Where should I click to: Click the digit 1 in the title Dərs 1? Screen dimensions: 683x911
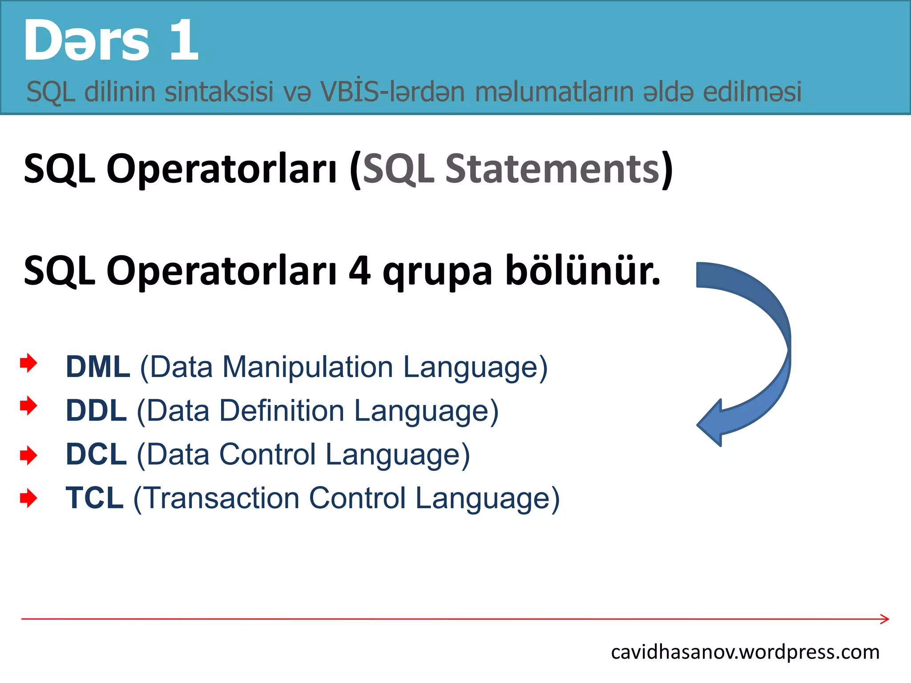coord(183,41)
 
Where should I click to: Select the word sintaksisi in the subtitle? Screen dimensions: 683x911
coord(219,92)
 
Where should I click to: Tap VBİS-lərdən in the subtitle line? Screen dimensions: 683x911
coord(392,92)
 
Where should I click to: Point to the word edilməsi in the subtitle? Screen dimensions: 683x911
coord(752,92)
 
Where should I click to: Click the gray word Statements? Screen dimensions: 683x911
coord(553,169)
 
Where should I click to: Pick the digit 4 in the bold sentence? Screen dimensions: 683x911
coord(359,271)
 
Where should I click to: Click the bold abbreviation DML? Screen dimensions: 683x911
coord(98,367)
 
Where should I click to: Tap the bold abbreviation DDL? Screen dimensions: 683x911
coord(96,410)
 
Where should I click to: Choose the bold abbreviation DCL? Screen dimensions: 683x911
coord(96,454)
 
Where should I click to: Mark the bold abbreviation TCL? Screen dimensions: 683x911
coord(94,498)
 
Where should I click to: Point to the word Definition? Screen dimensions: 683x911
coord(282,411)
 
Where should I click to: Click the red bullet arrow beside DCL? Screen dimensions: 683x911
coord(28,455)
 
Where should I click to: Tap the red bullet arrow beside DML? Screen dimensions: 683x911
coord(28,363)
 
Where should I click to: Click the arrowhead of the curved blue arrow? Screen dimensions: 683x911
coord(711,423)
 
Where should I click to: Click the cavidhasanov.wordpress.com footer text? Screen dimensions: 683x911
coord(745,652)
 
